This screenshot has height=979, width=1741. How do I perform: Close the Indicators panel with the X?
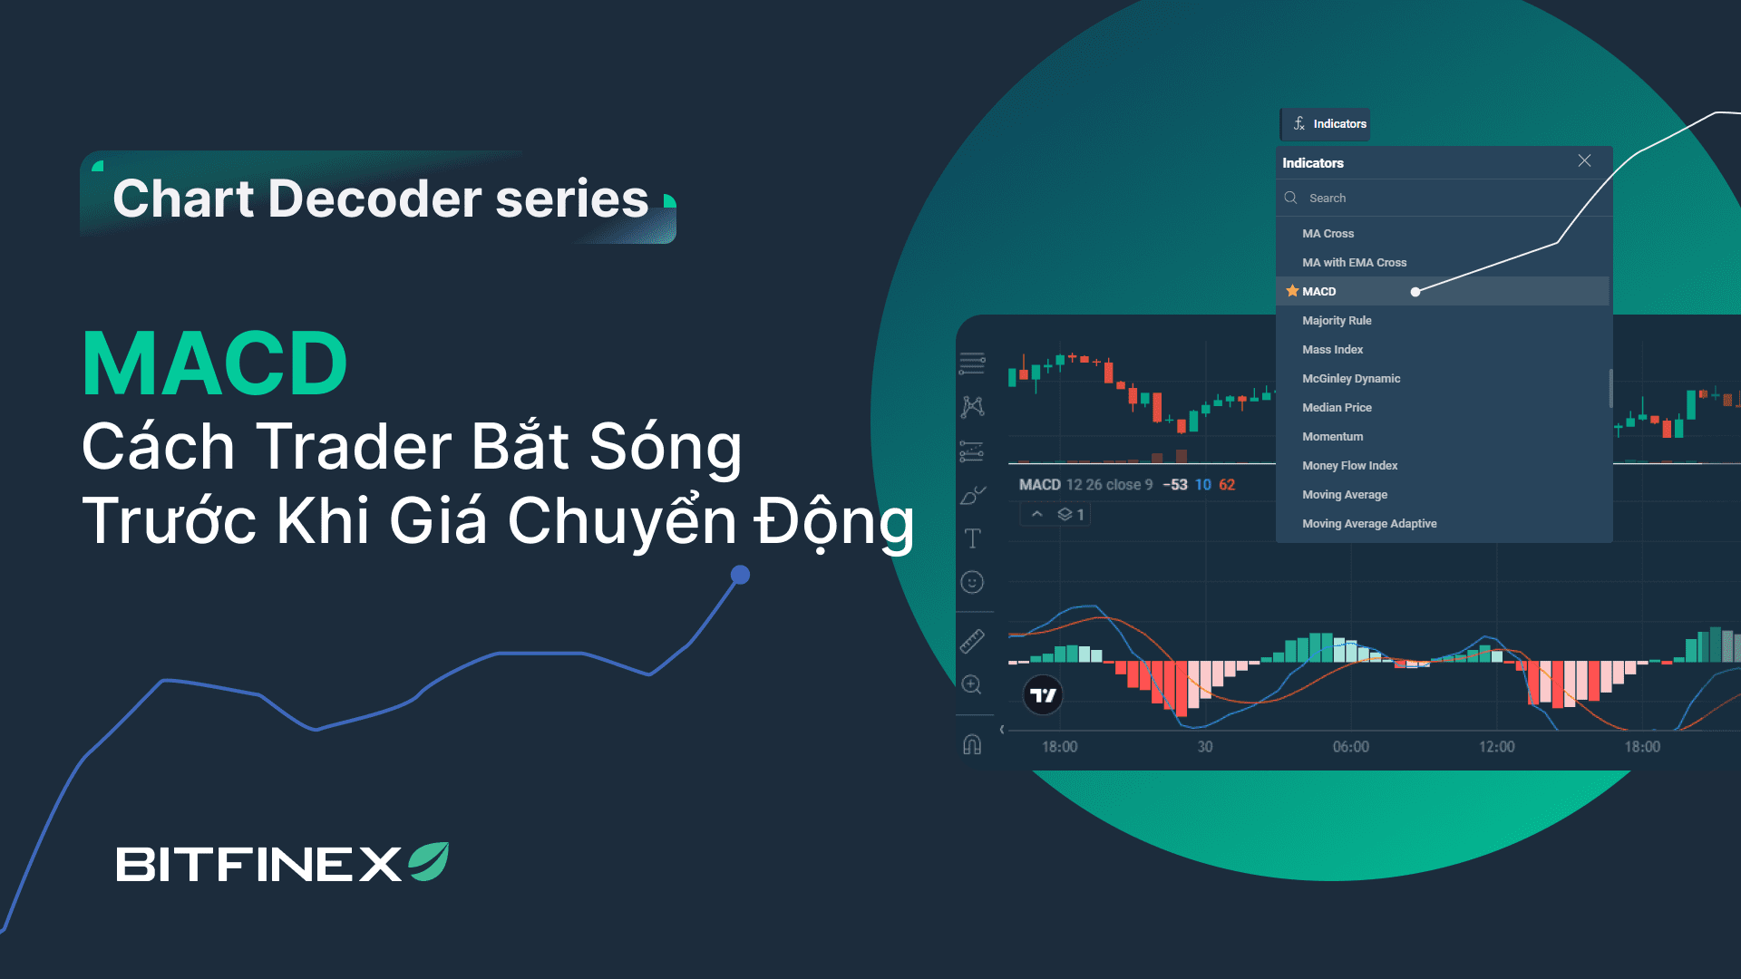pos(1584,160)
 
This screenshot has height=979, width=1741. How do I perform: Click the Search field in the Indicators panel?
pos(1444,198)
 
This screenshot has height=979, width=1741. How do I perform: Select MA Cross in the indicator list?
pos(1328,234)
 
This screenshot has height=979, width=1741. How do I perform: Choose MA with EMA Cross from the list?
pos(1354,263)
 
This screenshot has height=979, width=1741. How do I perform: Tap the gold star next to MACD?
pos(1292,291)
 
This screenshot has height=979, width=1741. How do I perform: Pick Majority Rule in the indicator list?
pos(1337,321)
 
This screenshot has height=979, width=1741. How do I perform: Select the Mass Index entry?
pos(1332,350)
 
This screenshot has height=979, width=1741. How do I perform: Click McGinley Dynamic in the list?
pos(1351,379)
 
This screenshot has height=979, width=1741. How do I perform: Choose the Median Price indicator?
pos(1337,408)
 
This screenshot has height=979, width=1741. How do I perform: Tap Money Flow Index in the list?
pos(1349,466)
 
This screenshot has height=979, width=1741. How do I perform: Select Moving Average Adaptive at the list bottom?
pos(1369,524)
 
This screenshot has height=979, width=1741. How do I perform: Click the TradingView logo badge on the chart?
pos(1043,695)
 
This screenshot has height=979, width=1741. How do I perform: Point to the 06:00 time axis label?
pos(1350,747)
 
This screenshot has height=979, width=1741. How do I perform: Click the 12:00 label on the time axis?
pos(1496,747)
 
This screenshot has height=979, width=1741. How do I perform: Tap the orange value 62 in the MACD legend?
pos(1227,485)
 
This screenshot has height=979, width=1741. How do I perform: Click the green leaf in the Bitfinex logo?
pos(429,861)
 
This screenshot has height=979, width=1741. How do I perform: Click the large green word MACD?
pos(215,363)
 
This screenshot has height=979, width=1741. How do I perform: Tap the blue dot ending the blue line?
pos(740,575)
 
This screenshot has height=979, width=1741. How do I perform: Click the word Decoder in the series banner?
pos(374,199)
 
